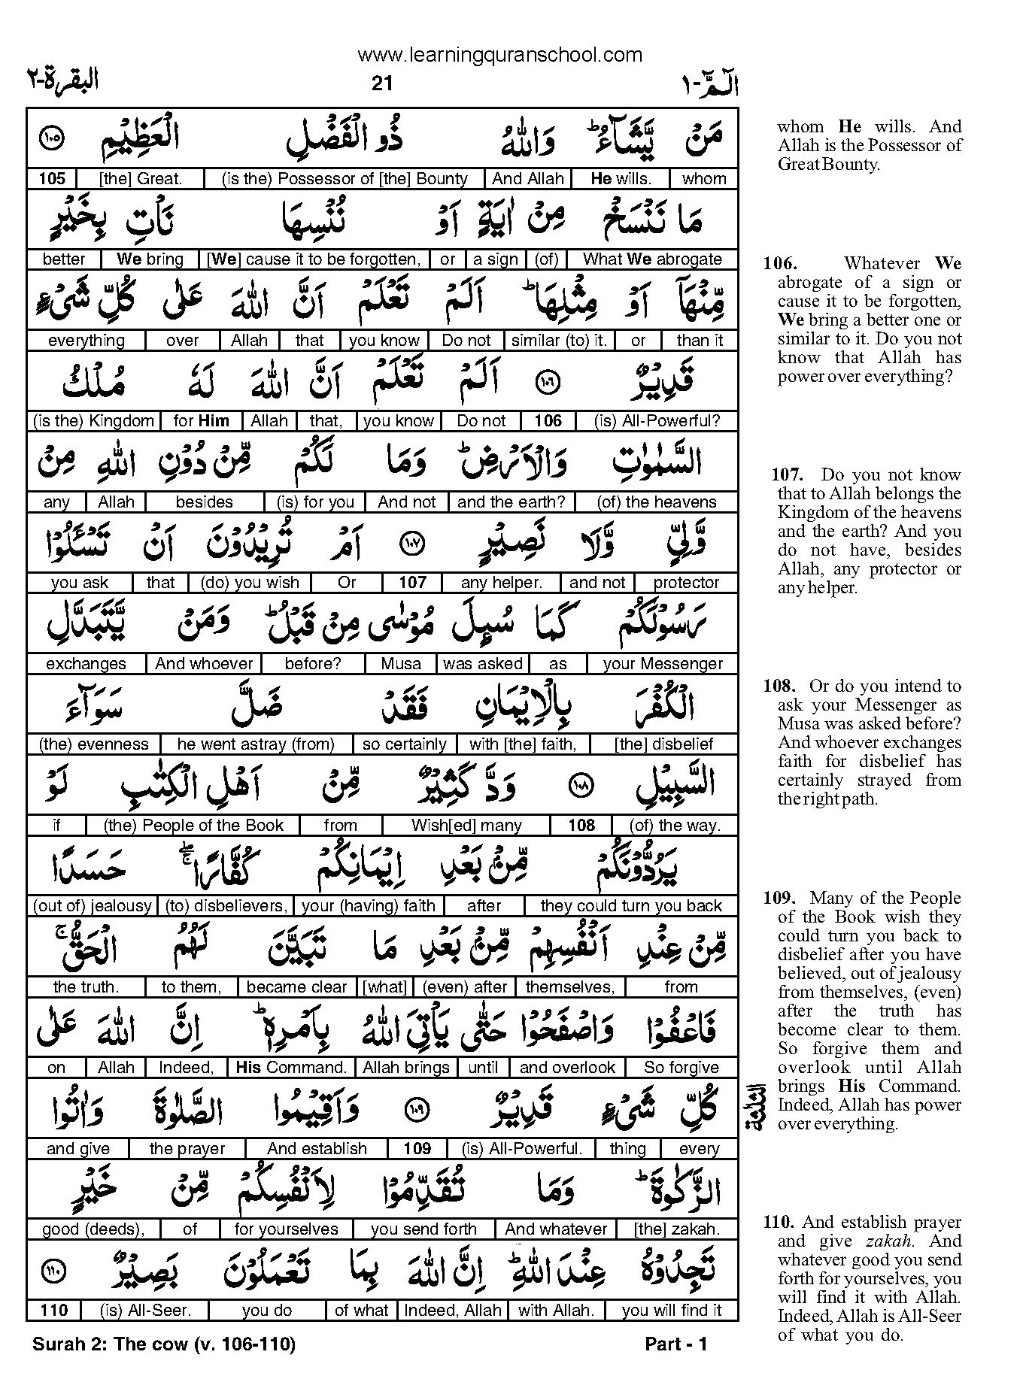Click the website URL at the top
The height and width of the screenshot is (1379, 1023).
(499, 55)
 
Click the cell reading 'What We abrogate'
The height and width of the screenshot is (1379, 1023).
(652, 259)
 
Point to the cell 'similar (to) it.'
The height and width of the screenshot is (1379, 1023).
(558, 341)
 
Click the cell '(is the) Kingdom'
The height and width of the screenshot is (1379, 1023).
(94, 421)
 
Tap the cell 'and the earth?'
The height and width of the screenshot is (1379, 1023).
(511, 502)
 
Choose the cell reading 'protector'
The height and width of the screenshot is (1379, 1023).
(686, 583)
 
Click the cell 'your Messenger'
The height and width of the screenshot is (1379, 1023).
(662, 664)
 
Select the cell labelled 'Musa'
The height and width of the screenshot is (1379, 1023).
(401, 664)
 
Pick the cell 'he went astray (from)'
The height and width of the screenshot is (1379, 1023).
(256, 744)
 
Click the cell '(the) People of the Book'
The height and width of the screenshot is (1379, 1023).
(193, 826)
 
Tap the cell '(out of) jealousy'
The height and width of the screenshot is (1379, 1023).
(93, 906)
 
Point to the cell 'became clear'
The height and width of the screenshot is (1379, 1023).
(296, 987)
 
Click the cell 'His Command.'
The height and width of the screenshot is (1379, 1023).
(291, 1068)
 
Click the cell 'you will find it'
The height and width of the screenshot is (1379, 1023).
(671, 1310)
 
